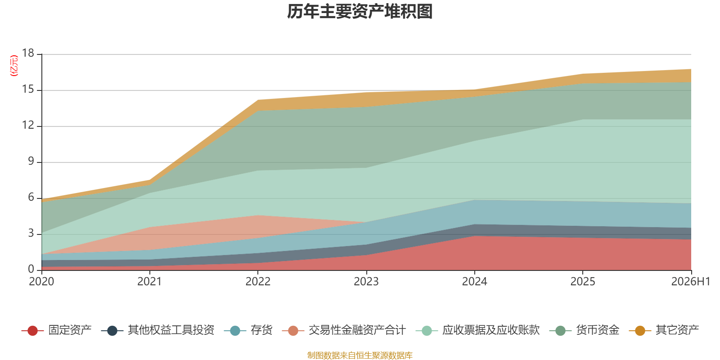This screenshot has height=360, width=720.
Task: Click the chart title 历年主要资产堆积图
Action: coord(360,12)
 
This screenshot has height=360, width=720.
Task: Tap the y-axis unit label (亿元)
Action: coord(14,66)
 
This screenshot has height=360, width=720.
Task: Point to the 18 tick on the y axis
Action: coord(28,53)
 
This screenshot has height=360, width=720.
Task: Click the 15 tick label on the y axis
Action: coord(28,89)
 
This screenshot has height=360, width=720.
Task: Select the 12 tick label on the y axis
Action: coord(28,125)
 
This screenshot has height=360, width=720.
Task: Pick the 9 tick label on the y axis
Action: coord(31,161)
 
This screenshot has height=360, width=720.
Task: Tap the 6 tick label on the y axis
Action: coord(31,197)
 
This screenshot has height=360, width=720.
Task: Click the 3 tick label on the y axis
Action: coord(31,233)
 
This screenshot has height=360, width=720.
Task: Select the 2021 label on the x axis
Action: coord(149,282)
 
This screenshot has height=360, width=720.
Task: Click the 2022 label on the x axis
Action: coord(258,282)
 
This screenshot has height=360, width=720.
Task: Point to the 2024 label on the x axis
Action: coord(474,282)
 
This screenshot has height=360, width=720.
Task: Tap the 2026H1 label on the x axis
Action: coord(690,282)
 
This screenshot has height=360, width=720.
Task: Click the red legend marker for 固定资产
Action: coord(32,330)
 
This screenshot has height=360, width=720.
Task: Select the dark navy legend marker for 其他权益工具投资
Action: coord(112,330)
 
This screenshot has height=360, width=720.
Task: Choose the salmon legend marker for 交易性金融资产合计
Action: coord(293,330)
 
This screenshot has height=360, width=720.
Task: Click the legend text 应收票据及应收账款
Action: coord(491,330)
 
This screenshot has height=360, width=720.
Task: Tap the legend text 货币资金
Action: coord(598,330)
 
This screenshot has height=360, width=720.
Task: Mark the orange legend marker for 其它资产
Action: coord(640,330)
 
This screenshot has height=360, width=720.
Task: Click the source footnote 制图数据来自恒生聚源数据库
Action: coord(360,355)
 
